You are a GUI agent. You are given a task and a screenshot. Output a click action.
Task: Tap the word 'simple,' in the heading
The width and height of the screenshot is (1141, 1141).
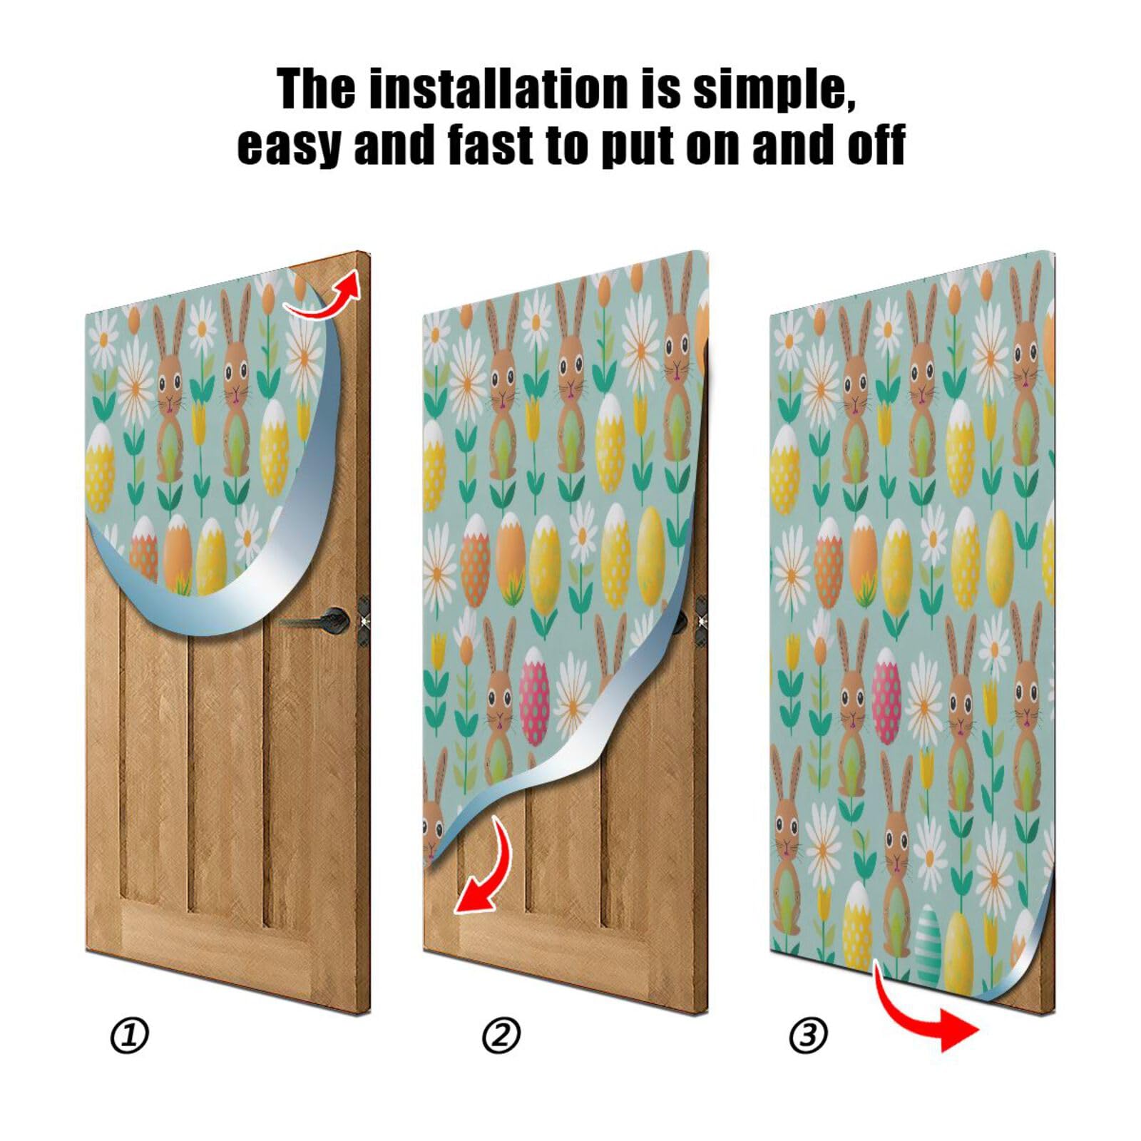pos(774,91)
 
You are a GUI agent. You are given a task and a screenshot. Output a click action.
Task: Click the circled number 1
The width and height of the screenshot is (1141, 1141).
pos(130,1035)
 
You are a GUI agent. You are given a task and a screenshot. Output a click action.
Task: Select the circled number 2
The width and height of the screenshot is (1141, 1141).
pos(501,1035)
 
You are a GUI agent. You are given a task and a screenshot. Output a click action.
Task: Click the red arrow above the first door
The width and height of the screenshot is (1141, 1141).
pos(324,295)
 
